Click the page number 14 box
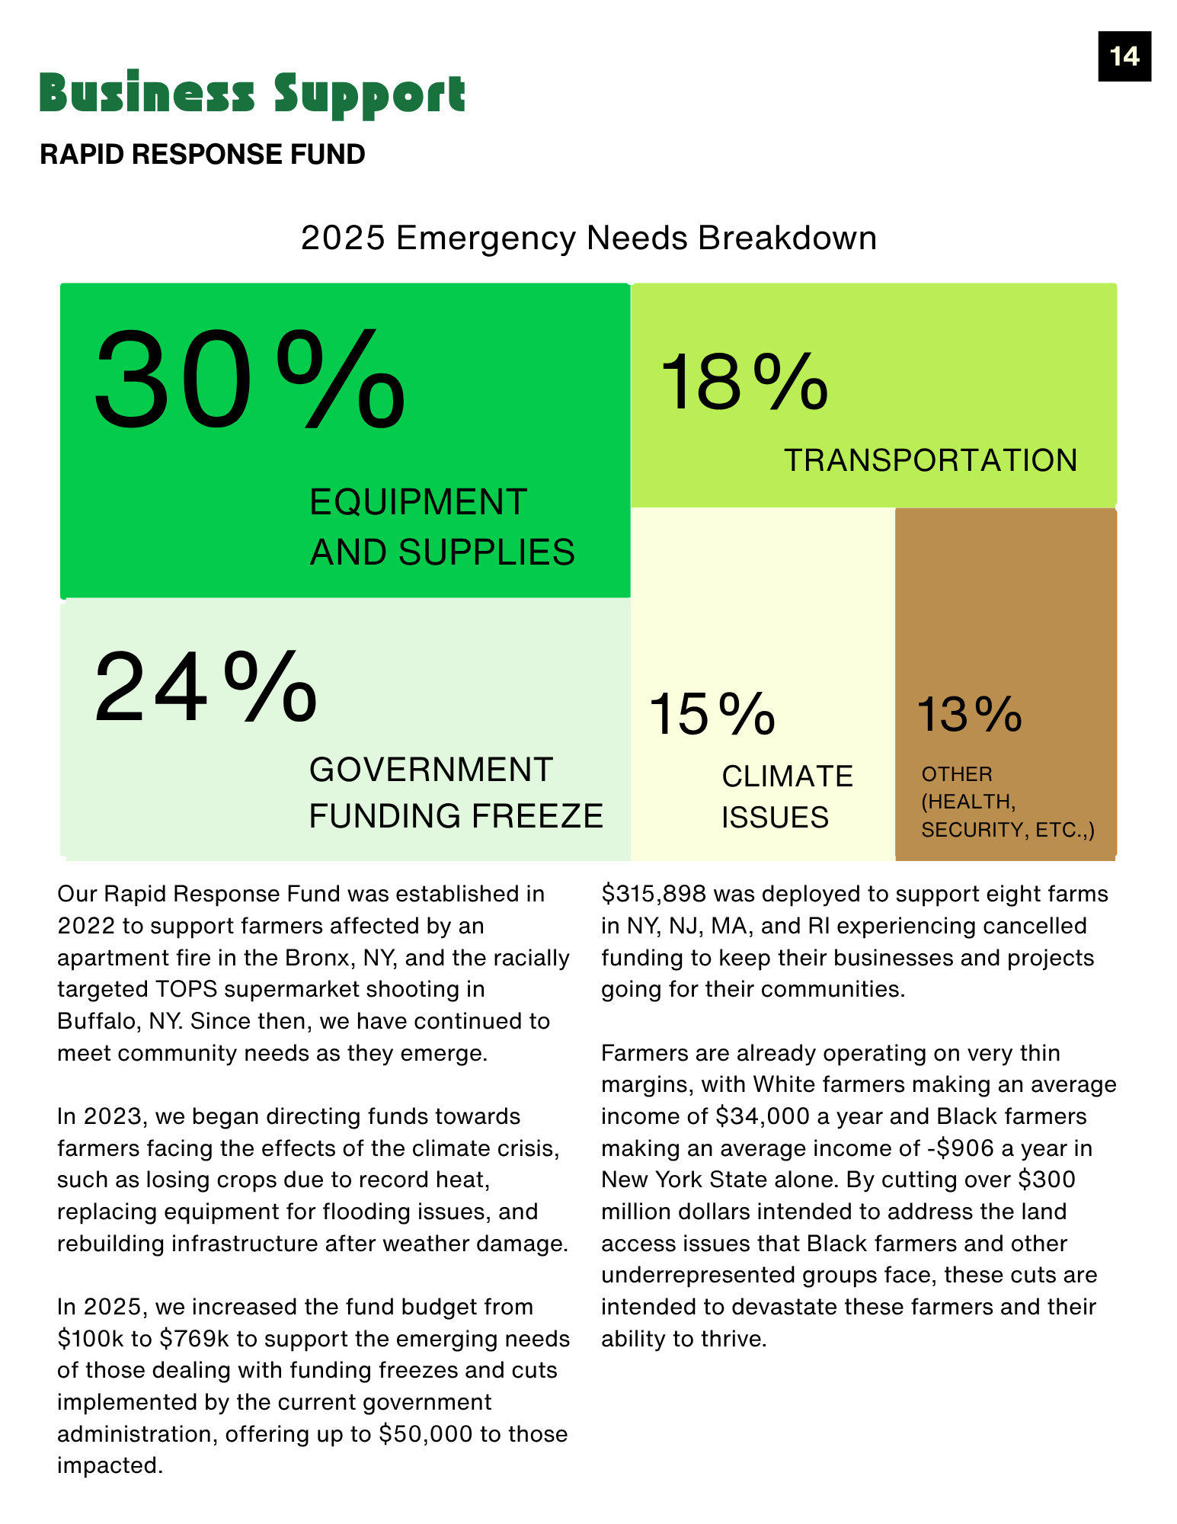click(x=1124, y=56)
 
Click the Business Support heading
click(x=252, y=94)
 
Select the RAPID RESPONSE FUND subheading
click(x=203, y=155)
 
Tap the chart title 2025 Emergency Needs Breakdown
click(x=588, y=238)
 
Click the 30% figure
click(x=249, y=379)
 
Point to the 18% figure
click(x=744, y=382)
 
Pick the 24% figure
click(x=206, y=687)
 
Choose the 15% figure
click(x=712, y=715)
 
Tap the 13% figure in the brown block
click(x=969, y=715)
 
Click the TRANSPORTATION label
click(x=930, y=460)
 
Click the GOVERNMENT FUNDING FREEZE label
click(x=456, y=792)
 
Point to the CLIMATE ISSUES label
click(x=786, y=797)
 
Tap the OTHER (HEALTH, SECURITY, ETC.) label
click(x=1007, y=802)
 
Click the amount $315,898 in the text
click(x=653, y=894)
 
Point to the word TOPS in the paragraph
click(x=187, y=989)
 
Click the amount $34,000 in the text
click(x=762, y=1116)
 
